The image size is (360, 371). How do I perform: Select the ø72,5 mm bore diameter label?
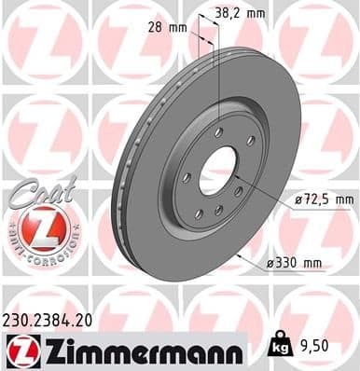[x=323, y=199]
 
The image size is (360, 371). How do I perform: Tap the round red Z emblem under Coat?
[x=37, y=226]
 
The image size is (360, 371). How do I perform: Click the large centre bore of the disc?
[x=219, y=169]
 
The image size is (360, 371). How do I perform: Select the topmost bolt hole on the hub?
[x=217, y=132]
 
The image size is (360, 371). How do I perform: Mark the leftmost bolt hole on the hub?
[x=187, y=177]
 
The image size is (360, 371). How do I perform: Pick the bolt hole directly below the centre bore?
[x=220, y=211]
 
